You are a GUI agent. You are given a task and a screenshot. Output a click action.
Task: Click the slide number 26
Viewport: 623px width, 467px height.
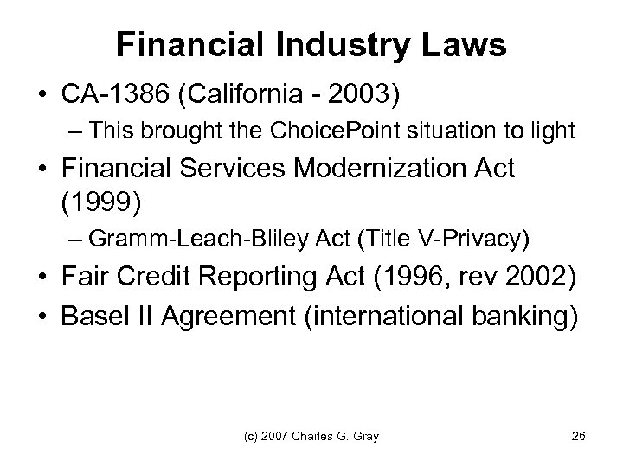[579, 434]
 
